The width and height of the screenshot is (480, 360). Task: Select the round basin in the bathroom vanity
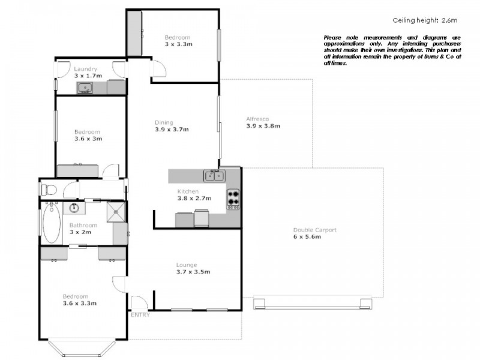click(x=74, y=208)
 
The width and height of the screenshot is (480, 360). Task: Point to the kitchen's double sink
click(x=214, y=175)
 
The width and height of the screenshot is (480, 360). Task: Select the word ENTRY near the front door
click(x=140, y=315)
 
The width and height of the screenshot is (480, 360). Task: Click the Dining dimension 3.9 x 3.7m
click(x=172, y=129)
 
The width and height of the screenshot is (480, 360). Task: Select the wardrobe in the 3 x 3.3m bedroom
click(x=134, y=34)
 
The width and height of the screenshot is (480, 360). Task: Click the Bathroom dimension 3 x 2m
click(x=83, y=232)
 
